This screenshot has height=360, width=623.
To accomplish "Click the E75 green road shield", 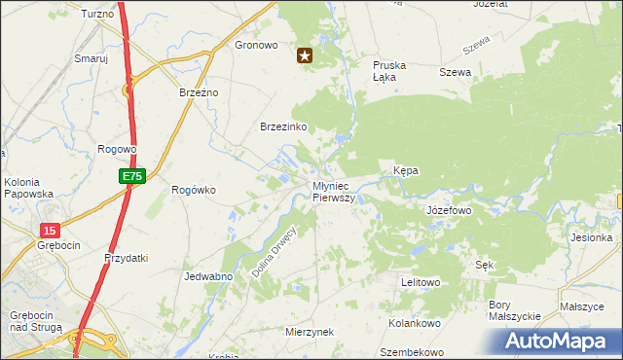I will tap(133, 176).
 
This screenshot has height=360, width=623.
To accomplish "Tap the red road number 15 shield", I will tap(50, 230).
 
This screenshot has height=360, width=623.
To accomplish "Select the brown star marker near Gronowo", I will tap(305, 56).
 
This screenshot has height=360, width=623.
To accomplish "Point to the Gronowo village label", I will tap(257, 45).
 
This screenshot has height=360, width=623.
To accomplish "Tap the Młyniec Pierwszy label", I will tap(334, 191).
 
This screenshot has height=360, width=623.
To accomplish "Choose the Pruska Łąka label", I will tap(389, 71).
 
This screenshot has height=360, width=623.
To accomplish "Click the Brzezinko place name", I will tap(283, 126).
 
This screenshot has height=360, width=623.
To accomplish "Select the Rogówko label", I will tap(193, 190).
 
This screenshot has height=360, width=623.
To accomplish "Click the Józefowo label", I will tap(449, 209).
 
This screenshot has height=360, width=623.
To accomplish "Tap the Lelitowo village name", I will tap(421, 282).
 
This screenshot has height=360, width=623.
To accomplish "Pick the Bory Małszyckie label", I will tap(513, 310).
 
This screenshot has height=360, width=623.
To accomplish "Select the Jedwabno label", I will tap(207, 276).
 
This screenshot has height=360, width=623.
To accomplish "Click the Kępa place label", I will tap(406, 170).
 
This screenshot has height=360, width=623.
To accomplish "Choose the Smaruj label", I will tap(91, 58).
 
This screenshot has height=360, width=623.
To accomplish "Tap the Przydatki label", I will tap(126, 258).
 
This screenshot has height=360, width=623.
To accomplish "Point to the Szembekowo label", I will tap(412, 352).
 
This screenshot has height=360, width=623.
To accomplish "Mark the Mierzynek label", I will tap(310, 332).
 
